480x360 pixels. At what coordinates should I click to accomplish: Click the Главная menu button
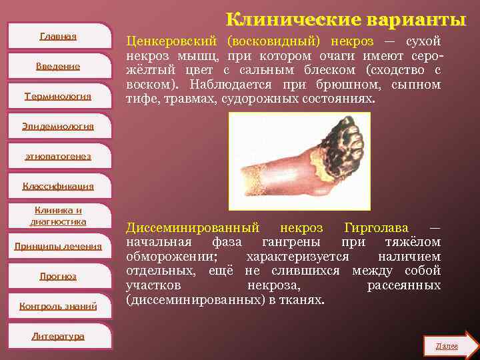click(x=58, y=36)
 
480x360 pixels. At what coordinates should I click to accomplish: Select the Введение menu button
click(x=58, y=66)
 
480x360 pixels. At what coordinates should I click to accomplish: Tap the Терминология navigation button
click(x=58, y=96)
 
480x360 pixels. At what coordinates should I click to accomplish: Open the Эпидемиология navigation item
click(x=58, y=126)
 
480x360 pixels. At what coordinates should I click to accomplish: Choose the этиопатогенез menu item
click(x=58, y=156)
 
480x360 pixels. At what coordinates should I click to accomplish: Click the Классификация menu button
click(x=58, y=186)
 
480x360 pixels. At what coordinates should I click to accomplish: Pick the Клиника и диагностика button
click(x=58, y=216)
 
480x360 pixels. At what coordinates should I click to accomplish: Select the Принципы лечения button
click(x=58, y=246)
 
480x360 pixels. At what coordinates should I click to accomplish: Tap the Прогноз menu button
click(x=58, y=276)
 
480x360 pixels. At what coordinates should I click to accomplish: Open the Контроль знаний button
click(x=58, y=306)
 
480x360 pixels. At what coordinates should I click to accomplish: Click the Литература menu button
click(x=58, y=336)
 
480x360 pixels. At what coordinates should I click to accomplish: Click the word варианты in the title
click(x=409, y=18)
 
